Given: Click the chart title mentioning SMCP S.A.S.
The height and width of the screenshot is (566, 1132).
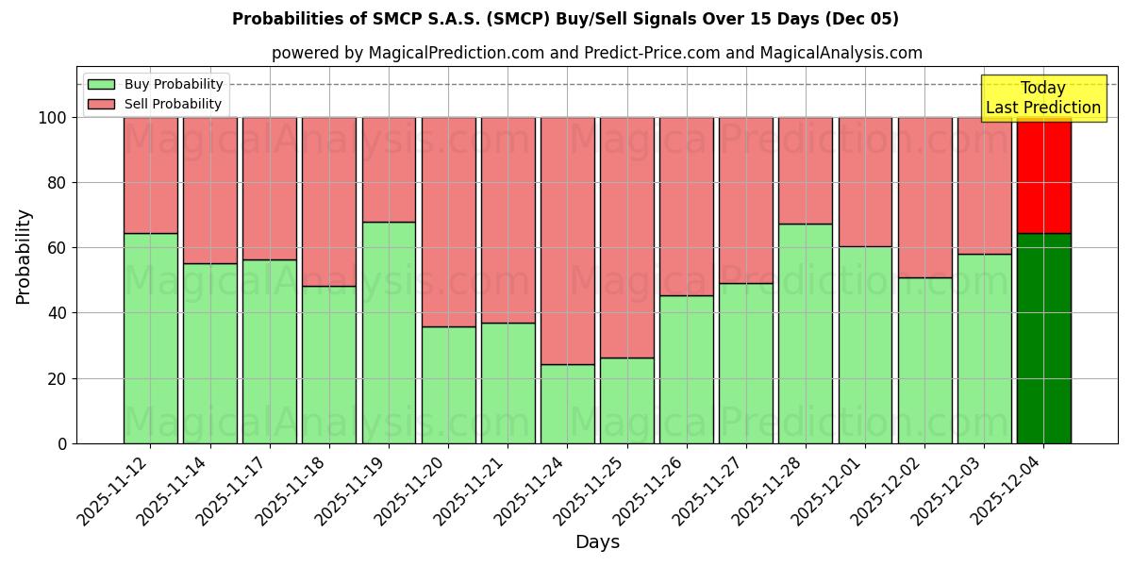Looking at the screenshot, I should point(565,19).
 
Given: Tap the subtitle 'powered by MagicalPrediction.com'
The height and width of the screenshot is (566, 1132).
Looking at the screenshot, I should point(596,53).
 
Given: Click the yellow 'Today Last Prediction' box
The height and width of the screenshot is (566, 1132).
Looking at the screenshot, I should point(1042,98).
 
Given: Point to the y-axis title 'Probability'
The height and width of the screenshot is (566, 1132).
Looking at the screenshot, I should point(24,256).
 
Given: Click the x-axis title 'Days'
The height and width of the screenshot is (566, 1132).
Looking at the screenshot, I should point(597,541).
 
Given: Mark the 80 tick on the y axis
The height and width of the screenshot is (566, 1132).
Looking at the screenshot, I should point(57,183).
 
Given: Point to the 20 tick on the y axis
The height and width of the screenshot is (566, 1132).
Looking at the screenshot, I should point(57,378).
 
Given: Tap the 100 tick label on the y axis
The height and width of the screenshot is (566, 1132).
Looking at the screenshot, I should point(52,118).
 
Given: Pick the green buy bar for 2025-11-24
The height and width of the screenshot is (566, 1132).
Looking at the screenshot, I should point(567,404).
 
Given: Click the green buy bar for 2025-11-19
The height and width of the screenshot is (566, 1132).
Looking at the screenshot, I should point(389,332).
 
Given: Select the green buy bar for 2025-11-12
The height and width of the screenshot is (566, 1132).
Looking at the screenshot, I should point(150,338).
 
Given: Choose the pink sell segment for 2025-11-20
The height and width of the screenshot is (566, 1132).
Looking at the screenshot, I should point(448,222).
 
